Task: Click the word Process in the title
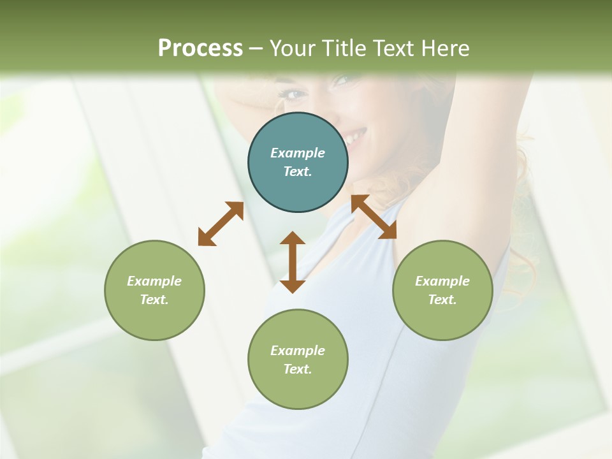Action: click(200, 48)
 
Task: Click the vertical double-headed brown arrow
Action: click(293, 262)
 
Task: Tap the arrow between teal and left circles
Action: click(221, 223)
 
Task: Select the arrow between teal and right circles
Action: click(374, 217)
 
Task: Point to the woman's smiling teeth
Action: click(356, 135)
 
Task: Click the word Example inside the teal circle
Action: click(298, 153)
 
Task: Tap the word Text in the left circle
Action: click(154, 300)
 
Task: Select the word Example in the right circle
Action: click(442, 281)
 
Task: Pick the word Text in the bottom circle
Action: click(298, 369)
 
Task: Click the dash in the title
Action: click(256, 48)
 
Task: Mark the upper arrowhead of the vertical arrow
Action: click(293, 238)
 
